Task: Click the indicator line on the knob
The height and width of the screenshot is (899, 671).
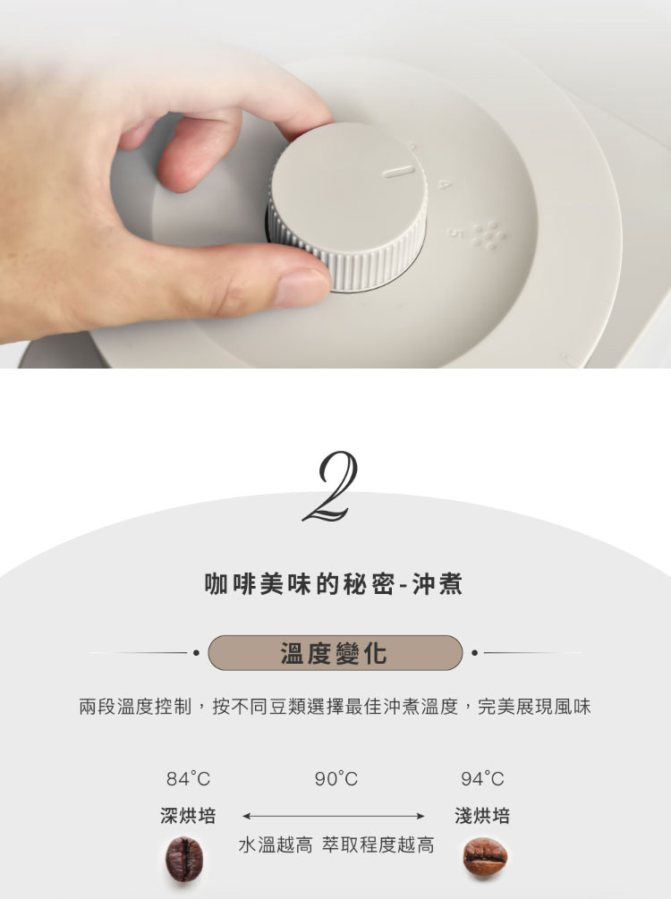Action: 399,172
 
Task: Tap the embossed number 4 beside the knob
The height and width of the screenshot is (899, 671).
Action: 445,184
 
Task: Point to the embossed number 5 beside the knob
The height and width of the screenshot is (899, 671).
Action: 454,233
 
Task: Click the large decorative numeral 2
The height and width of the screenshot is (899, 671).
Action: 331,487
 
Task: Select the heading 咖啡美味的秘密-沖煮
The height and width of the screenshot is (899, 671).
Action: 334,584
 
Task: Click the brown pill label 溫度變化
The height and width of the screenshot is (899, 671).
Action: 335,652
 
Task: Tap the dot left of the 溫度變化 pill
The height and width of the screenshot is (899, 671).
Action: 196,652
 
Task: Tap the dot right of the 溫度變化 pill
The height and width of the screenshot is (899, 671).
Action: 474,652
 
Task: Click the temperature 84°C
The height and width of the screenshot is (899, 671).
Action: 188,778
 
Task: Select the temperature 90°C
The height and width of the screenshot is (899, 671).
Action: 336,778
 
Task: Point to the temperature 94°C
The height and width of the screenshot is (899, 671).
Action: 482,778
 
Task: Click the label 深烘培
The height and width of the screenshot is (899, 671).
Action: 188,815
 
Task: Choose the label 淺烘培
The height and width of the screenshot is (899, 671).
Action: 482,815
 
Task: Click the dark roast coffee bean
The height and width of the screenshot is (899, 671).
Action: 184,859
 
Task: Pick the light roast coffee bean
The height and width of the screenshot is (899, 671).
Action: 485,857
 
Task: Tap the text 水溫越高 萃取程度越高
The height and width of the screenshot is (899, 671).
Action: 336,844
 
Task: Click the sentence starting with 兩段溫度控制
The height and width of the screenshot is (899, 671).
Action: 335,707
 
